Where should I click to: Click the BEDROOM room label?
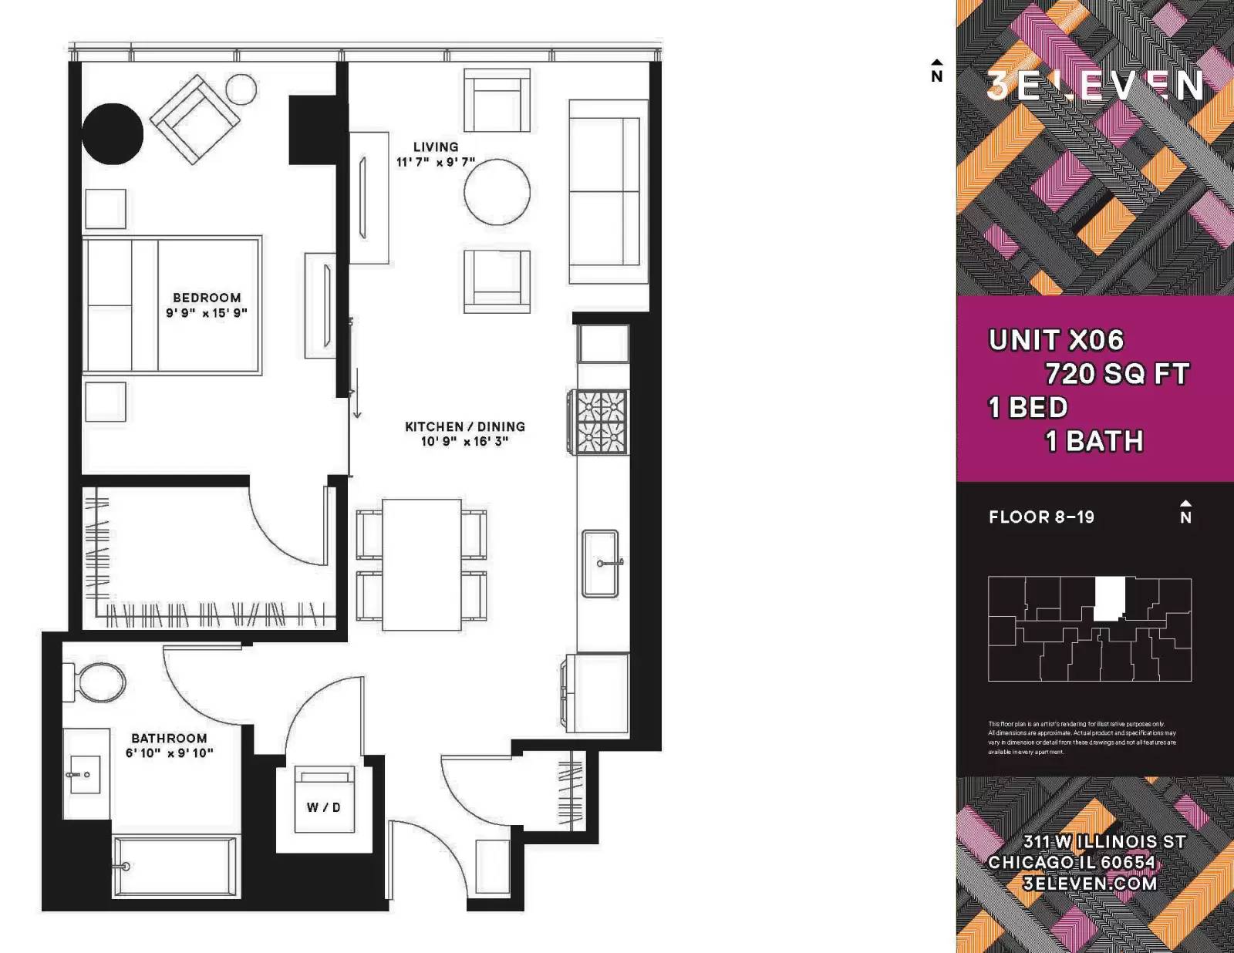pos(207,298)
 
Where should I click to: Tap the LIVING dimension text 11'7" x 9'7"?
pos(436,162)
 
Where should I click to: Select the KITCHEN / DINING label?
pos(465,426)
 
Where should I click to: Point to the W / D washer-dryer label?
pos(324,807)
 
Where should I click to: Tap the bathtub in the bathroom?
pos(176,867)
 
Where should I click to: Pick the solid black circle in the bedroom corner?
pos(113,133)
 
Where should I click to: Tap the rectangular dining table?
pos(422,564)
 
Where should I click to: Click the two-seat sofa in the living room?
pos(606,191)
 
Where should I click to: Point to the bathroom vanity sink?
pos(83,773)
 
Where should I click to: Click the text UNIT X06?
pos(1056,340)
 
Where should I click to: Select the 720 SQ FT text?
pos(1117,374)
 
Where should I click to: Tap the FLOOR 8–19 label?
pos(1041,517)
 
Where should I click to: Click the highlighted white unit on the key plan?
pos(1109,598)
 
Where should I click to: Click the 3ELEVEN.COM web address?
pos(1090,884)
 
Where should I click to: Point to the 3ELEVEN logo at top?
pos(1094,85)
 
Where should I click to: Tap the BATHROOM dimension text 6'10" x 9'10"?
pos(170,753)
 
